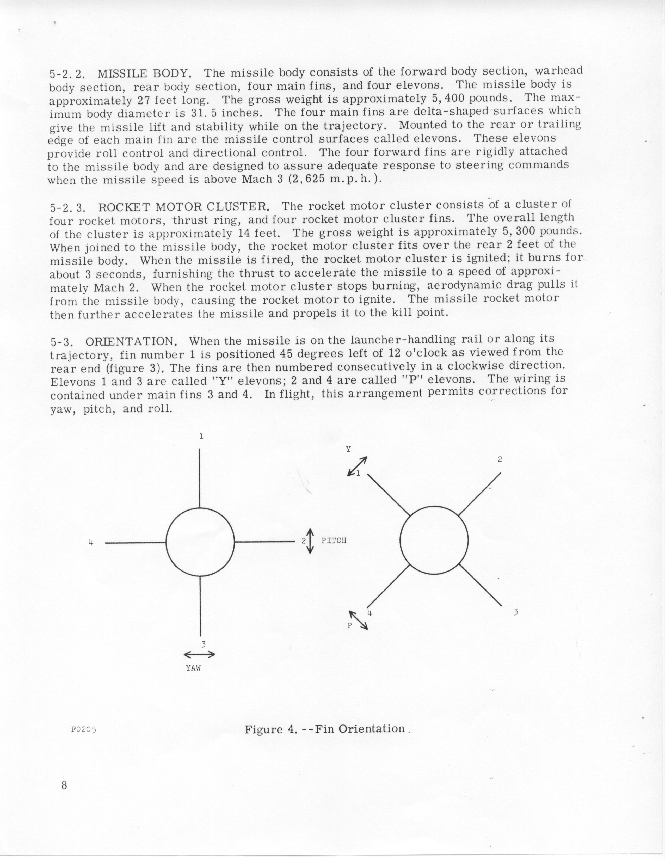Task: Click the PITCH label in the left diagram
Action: [x=334, y=541]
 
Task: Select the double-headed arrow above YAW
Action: [x=199, y=654]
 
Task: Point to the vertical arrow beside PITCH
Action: [x=311, y=541]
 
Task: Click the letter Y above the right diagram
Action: [x=348, y=449]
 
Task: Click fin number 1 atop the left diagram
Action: [x=201, y=436]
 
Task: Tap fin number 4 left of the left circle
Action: [x=91, y=543]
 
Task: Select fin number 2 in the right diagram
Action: [x=500, y=459]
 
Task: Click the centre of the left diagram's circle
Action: [x=200, y=542]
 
